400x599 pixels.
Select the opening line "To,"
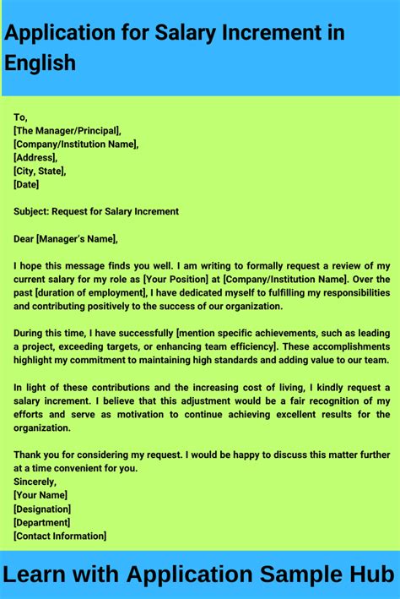(21, 117)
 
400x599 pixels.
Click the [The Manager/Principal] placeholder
(68, 131)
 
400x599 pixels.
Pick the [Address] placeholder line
(35, 158)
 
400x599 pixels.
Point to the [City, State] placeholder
(40, 172)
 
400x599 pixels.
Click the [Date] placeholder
(26, 185)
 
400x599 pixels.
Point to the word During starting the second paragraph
(32, 333)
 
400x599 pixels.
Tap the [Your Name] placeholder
(41, 495)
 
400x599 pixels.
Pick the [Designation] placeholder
(42, 509)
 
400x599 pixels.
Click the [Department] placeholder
(41, 522)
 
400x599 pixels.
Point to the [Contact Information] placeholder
(60, 536)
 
